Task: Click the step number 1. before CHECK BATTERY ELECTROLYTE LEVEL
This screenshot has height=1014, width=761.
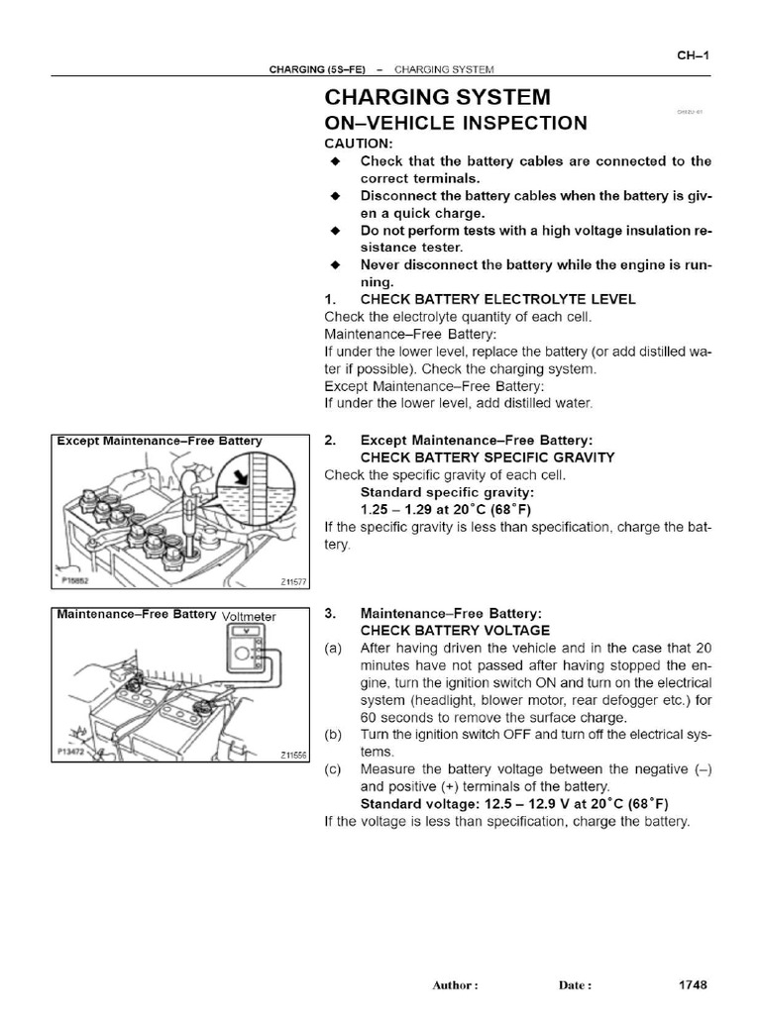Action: tap(331, 299)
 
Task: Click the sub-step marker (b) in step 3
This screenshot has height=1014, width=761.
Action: tap(334, 735)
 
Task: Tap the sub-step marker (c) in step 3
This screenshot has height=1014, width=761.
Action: tap(334, 769)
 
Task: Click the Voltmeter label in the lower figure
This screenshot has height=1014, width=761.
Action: tap(249, 616)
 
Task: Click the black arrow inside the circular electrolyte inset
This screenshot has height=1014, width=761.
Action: tap(238, 480)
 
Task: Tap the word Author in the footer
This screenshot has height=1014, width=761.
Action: tap(454, 986)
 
